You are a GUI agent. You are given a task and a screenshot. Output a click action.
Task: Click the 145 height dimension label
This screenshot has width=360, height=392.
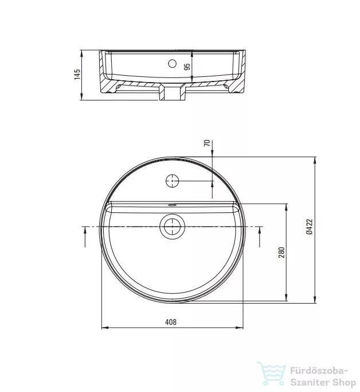(x=77, y=74)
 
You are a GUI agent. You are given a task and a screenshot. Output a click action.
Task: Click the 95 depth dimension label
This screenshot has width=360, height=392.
(x=187, y=67)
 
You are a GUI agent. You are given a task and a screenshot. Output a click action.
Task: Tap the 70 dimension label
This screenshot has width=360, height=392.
(x=207, y=143)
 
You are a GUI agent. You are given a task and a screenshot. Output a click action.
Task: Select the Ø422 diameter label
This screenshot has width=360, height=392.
(x=310, y=227)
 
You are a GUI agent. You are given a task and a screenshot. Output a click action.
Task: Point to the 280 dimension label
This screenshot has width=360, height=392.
(x=281, y=253)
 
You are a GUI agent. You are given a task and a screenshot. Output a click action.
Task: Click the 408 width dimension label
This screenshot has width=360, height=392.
(x=171, y=322)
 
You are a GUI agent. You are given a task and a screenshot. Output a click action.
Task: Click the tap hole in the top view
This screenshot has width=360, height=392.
(x=173, y=181)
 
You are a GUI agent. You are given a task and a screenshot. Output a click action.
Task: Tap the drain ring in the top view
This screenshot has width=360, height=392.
(x=172, y=226)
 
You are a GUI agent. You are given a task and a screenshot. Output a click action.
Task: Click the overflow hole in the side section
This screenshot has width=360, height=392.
(x=172, y=64)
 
